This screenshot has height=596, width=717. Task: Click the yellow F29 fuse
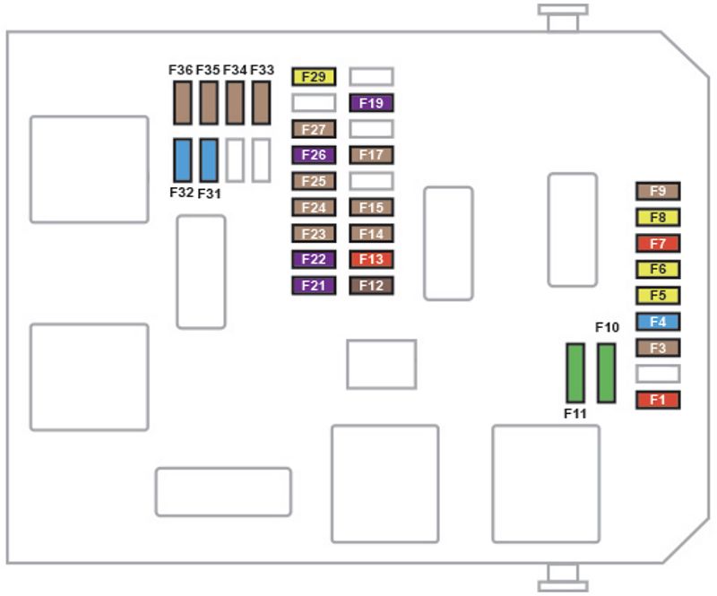[x=313, y=77]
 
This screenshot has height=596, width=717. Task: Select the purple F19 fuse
[x=371, y=103]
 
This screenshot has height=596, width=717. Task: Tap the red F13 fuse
[x=371, y=260]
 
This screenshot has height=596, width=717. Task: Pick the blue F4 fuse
[x=658, y=322]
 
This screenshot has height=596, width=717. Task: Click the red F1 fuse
[x=658, y=400]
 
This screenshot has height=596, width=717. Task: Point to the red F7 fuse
[x=658, y=243]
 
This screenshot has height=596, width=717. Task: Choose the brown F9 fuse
[x=658, y=191]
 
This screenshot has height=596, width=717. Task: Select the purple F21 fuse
[x=313, y=286]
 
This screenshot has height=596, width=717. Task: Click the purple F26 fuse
[x=313, y=155]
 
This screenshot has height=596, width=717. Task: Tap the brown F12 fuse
[x=371, y=286]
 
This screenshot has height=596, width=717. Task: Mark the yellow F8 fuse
[x=658, y=217]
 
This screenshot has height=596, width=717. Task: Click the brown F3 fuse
[x=658, y=348]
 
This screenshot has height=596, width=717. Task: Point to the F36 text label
[x=181, y=69]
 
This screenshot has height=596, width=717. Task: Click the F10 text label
[x=607, y=328]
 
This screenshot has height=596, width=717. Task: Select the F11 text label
[x=575, y=413]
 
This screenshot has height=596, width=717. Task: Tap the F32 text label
[x=181, y=192]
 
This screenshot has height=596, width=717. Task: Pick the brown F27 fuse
[x=313, y=129]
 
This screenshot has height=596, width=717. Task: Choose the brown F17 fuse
[x=371, y=155]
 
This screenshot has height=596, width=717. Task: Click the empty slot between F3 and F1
[x=658, y=374]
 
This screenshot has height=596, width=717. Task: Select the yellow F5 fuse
[x=658, y=296]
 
